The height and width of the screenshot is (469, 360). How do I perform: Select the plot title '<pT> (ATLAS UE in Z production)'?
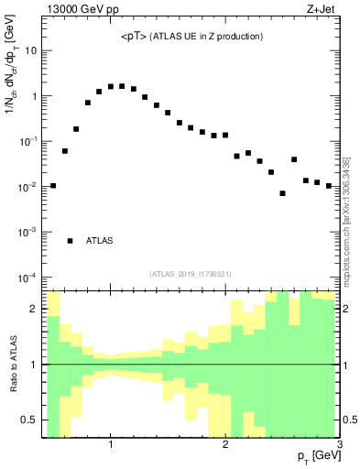point(191,37)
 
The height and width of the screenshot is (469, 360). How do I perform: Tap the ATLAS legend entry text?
point(100,241)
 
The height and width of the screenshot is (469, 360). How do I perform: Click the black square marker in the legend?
point(71,241)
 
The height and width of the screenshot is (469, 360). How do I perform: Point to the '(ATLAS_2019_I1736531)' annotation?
point(191,274)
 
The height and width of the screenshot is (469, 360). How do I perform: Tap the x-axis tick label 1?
point(110,446)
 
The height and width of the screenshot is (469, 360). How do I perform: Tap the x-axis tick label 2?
point(225,446)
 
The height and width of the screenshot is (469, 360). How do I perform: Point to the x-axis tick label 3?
point(339,446)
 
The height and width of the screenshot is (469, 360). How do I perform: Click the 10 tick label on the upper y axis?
point(30,50)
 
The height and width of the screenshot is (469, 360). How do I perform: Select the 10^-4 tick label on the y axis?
point(27,277)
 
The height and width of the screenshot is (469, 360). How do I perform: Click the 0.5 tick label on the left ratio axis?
point(29,420)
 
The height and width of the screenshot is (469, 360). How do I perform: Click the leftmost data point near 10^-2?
point(53,186)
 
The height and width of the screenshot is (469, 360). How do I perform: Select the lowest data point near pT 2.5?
point(283,193)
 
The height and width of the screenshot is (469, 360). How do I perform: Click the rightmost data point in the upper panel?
point(329,186)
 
